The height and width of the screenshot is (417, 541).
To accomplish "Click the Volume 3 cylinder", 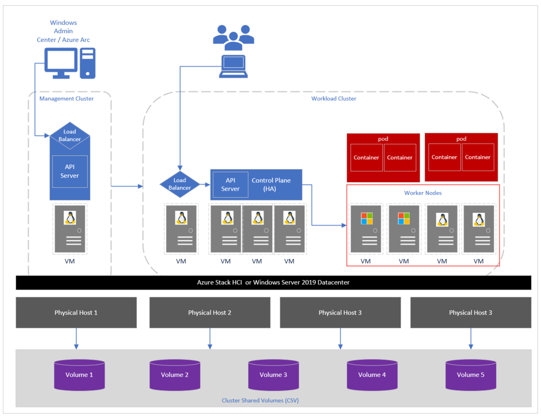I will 273,375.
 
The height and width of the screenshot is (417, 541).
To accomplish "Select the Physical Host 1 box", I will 76,313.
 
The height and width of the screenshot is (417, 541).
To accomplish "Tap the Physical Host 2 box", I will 210,313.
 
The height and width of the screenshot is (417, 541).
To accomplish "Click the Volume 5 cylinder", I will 471,375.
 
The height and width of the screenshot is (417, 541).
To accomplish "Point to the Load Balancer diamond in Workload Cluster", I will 179,184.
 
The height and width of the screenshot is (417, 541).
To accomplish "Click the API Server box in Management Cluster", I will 70,171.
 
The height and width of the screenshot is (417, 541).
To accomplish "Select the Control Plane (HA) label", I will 271,184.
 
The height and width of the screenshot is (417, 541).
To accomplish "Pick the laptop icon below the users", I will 234,67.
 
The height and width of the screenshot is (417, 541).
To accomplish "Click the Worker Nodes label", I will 423,193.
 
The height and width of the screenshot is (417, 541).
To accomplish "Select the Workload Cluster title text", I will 333,98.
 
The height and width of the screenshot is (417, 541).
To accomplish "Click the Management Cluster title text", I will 66,98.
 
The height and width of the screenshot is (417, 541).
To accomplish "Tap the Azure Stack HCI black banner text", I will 273,282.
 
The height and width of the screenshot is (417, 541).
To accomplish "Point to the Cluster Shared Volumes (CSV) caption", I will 260,400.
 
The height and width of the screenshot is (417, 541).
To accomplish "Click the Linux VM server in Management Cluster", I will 70,229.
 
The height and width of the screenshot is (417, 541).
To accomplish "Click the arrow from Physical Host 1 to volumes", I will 76,339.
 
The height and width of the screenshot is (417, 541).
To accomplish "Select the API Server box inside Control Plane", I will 230,184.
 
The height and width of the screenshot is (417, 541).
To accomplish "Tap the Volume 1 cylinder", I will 79,375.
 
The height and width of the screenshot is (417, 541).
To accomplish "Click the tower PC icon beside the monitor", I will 88,63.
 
